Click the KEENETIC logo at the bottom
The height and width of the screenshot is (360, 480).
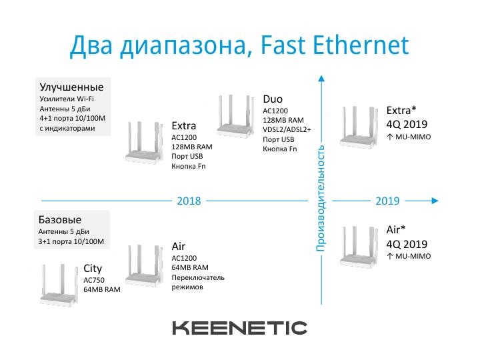[240, 328]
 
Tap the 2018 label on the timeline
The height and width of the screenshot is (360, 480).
[189, 201]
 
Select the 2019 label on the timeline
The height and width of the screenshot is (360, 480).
[387, 201]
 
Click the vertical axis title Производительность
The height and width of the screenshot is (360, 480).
[321, 199]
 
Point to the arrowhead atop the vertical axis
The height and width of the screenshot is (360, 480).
[321, 79]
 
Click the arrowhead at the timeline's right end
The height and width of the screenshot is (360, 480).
[435, 201]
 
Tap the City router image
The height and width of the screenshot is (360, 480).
[59, 284]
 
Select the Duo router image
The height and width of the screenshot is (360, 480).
[236, 116]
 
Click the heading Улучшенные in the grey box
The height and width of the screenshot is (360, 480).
[71, 87]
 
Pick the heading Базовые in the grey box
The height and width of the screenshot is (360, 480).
[60, 220]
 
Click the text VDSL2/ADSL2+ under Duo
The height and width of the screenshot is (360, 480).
[287, 130]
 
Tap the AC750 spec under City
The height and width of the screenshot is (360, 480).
[94, 280]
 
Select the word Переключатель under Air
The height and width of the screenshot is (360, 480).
[198, 277]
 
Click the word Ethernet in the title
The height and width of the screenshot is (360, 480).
[361, 45]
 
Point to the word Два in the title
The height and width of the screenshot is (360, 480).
[91, 46]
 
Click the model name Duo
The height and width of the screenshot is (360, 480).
[273, 99]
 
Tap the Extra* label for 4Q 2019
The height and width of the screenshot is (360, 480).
[401, 110]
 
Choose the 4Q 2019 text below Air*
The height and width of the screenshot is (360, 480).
[407, 244]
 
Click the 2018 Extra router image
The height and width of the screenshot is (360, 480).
[144, 143]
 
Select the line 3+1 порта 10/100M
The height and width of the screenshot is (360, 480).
[71, 241]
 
